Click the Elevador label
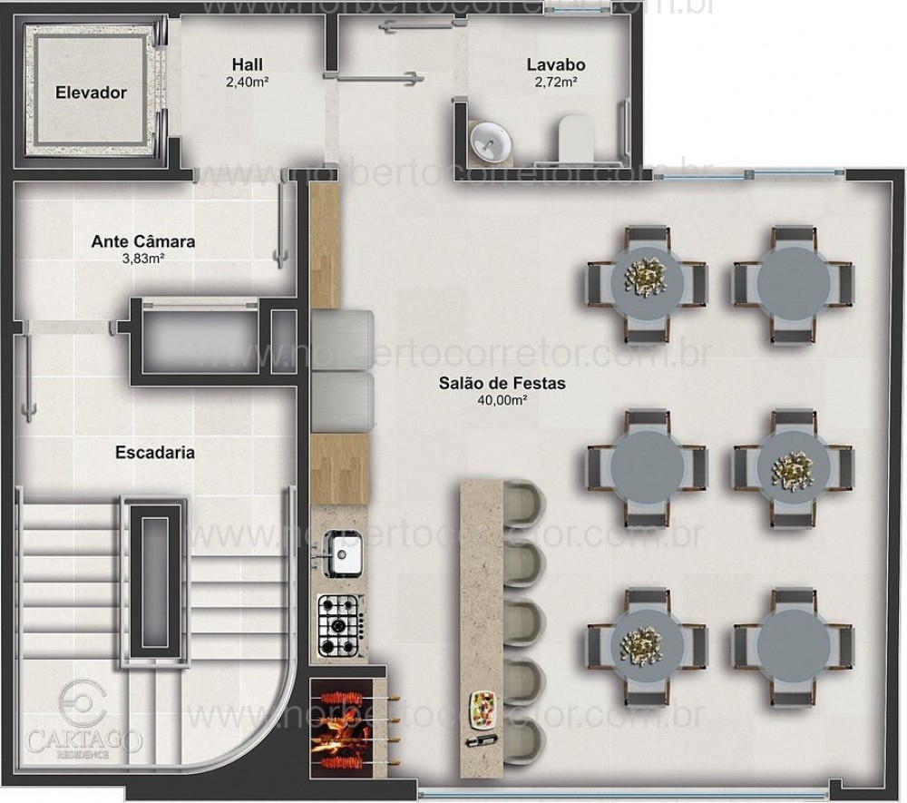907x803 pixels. [x=90, y=93]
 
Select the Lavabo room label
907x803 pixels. [x=555, y=65]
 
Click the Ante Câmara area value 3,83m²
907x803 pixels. [x=143, y=259]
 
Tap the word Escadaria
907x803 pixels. [x=154, y=451]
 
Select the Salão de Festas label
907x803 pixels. [x=502, y=384]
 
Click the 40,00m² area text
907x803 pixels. [x=502, y=400]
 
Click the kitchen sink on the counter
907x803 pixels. [x=343, y=553]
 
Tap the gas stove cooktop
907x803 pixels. [x=340, y=624]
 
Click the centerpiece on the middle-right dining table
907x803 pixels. [x=793, y=467]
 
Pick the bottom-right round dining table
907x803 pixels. [x=793, y=647]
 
